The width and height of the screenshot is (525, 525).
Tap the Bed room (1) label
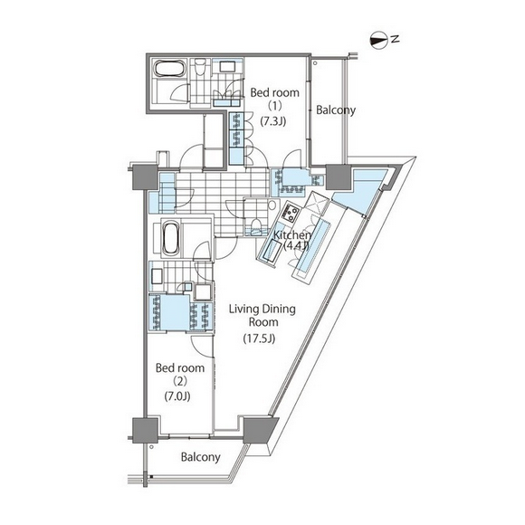[275, 99]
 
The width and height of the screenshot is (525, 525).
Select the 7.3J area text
[273, 121]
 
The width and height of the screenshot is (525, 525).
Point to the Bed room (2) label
[180, 375]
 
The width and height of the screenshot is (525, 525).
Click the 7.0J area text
[177, 396]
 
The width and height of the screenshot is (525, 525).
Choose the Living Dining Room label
[262, 315]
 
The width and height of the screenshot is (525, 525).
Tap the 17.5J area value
[259, 339]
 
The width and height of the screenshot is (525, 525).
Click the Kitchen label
[292, 235]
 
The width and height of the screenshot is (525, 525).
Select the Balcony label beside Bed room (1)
[336, 110]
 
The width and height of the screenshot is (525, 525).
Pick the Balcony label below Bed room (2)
[201, 457]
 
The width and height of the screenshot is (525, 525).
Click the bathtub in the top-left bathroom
[169, 70]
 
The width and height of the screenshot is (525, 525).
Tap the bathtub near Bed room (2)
[171, 238]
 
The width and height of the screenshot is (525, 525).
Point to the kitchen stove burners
[290, 214]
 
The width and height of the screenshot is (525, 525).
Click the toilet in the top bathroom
[201, 67]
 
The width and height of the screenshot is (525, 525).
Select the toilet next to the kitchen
[256, 224]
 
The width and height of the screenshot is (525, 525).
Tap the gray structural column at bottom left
[145, 431]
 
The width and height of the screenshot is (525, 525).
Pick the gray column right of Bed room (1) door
[338, 177]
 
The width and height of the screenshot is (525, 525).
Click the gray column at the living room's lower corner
[259, 430]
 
